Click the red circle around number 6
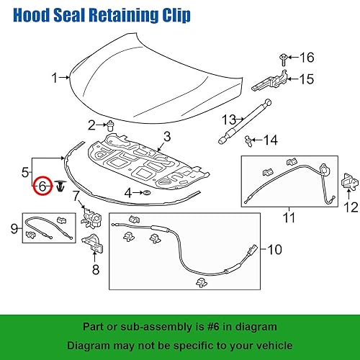coord(43,186)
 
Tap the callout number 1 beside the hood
coord(53,78)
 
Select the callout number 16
coord(308,57)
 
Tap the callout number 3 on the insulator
coord(166,135)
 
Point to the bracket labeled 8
coord(93,243)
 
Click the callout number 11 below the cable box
coord(289,215)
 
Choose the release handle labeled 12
coord(349,182)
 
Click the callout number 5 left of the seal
coord(27,172)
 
